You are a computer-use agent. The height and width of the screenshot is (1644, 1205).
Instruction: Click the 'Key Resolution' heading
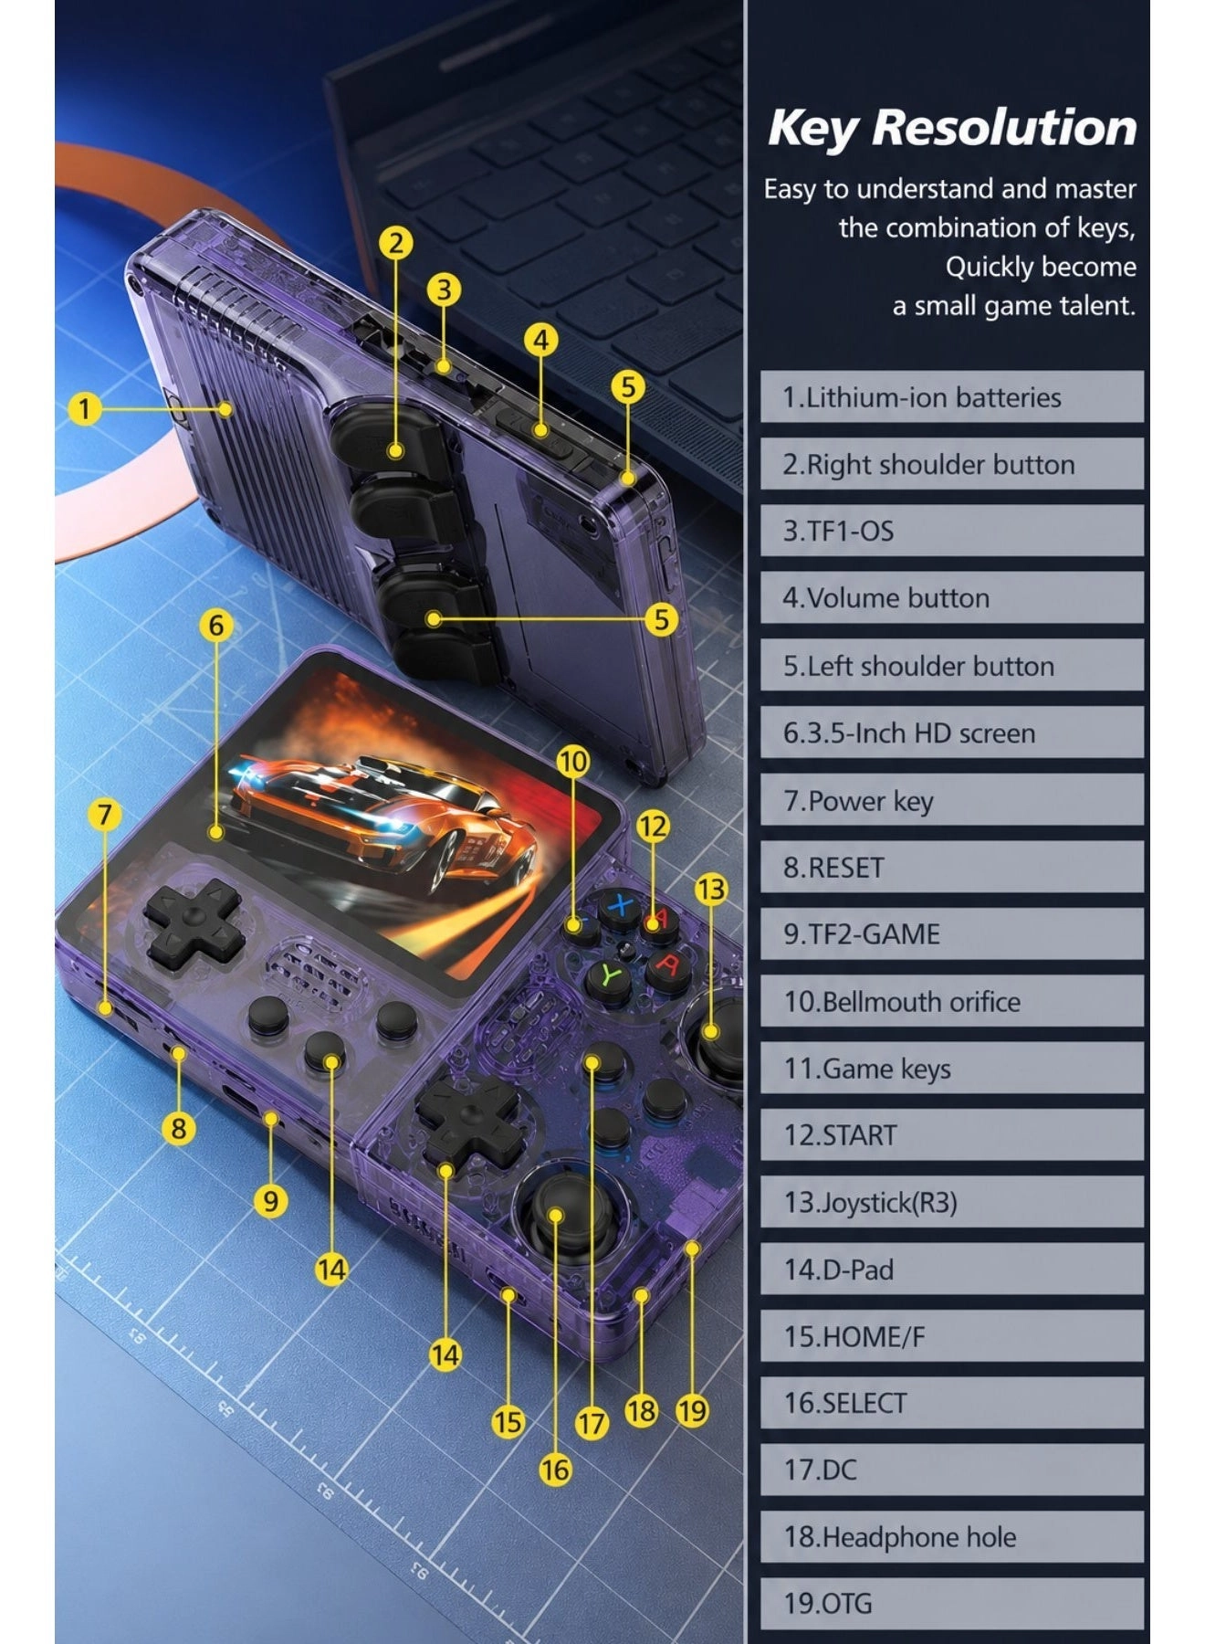coord(952,127)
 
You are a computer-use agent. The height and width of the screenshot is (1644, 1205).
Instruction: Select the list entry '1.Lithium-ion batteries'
coord(951,396)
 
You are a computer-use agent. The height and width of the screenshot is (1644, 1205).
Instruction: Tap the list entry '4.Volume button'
coord(951,598)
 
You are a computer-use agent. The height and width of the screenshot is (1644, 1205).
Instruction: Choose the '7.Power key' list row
coord(951,800)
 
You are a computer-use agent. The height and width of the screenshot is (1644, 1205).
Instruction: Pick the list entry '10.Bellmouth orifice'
coord(951,1001)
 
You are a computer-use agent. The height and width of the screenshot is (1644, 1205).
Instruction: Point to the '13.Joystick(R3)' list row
coord(951,1202)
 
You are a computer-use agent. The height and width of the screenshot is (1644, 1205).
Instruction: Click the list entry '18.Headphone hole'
coord(951,1537)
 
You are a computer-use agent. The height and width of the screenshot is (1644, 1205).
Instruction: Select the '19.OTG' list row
coord(951,1604)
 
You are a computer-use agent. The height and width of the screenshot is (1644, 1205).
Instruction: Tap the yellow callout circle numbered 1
coord(85,408)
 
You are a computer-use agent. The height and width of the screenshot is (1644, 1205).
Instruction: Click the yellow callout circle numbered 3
coord(444,290)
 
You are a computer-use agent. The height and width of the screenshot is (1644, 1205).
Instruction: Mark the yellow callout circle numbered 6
coord(215,626)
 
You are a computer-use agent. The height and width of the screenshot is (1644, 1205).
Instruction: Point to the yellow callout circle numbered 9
coord(270,1200)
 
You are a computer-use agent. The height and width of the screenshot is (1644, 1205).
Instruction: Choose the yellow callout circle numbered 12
coord(653,827)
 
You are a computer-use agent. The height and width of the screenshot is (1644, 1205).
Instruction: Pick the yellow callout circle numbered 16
coord(555,1470)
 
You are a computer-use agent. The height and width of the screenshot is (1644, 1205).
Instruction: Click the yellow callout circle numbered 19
coord(692,1411)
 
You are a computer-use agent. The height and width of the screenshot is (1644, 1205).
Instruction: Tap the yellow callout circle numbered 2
coord(395,243)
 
